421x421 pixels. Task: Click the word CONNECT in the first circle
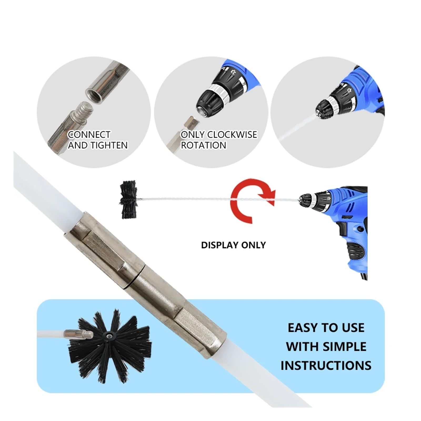click(89, 134)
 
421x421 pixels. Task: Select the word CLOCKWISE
click(232, 134)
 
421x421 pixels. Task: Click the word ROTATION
click(203, 145)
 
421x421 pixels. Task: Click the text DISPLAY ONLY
click(233, 245)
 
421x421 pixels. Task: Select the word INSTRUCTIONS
click(326, 365)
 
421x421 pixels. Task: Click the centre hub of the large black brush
click(108, 335)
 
